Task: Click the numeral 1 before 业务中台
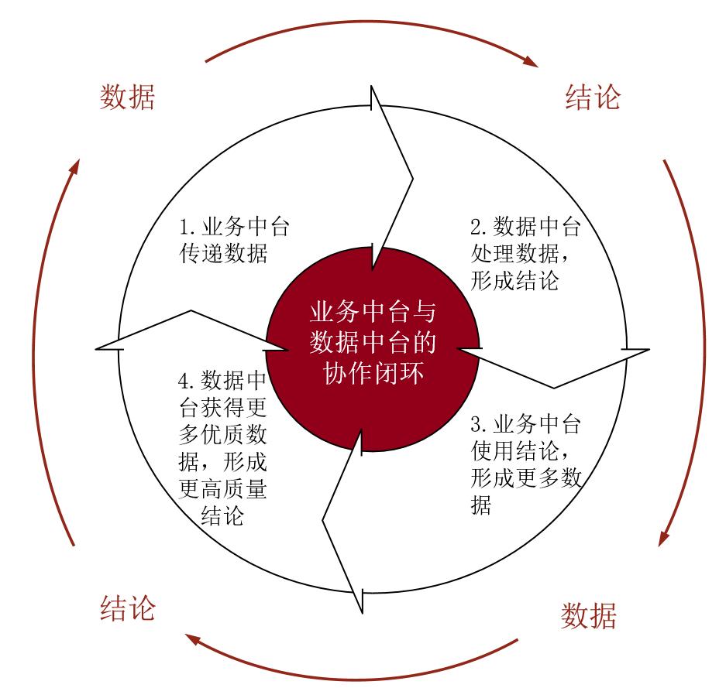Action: (185, 228)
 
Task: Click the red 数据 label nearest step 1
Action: (128, 98)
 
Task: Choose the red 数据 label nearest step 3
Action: (589, 617)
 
